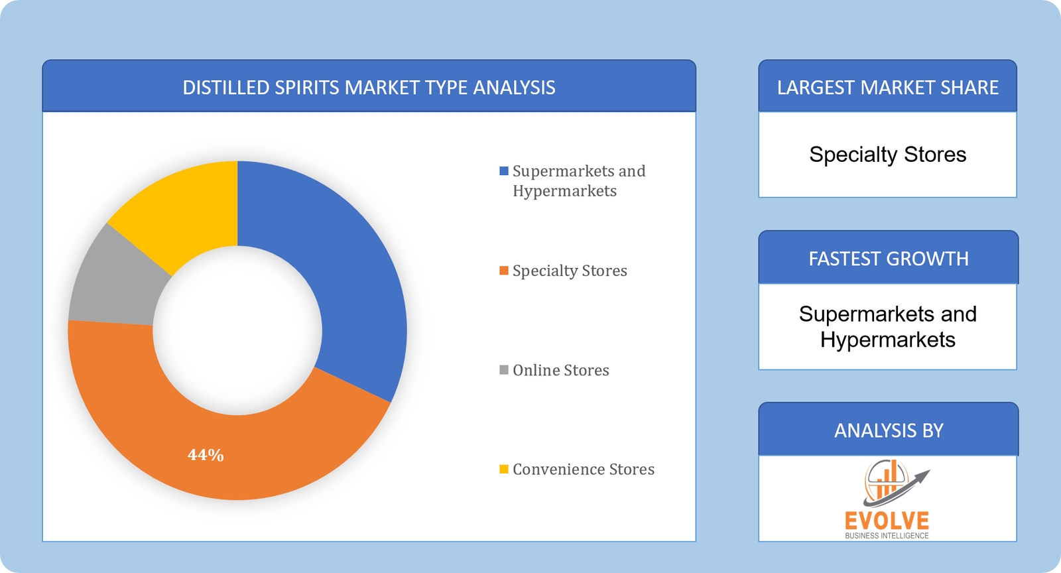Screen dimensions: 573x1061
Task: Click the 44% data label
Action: tap(206, 455)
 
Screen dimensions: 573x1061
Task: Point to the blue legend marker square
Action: tap(504, 171)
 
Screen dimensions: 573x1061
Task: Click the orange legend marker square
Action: tap(504, 271)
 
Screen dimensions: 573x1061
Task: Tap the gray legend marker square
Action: tap(504, 370)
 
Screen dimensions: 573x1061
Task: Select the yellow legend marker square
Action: tap(504, 470)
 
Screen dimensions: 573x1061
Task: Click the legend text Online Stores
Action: tap(561, 370)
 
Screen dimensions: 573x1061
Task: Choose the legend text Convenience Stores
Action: tap(584, 470)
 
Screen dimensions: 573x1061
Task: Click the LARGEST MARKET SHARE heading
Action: tap(887, 88)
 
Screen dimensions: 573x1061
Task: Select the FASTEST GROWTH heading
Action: tap(889, 259)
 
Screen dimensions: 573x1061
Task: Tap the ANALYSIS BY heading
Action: tap(889, 431)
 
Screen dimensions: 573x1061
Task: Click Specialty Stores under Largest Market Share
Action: tap(887, 155)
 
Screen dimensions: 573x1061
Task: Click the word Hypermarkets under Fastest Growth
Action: tap(887, 340)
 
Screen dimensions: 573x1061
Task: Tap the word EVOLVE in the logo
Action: tap(887, 521)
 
